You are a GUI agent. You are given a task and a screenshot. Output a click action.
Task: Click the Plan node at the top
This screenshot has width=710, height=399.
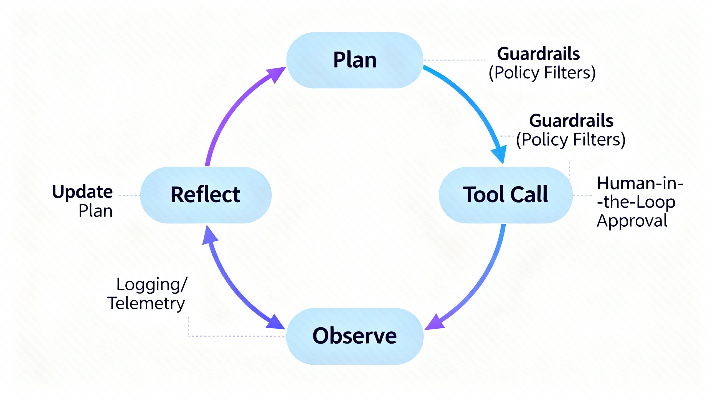pos(354,60)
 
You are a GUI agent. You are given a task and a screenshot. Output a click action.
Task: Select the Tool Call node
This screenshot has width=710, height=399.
pos(505,195)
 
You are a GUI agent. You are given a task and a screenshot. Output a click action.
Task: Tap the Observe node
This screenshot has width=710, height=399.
pos(354,336)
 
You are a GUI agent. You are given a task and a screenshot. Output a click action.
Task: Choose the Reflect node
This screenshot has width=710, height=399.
pos(206,195)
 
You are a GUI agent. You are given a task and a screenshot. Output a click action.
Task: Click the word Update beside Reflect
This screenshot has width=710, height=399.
pos(82,192)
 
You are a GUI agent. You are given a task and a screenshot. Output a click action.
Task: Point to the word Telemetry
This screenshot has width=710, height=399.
pos(146,303)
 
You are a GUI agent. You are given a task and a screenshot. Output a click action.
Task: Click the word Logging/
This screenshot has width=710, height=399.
pos(152,284)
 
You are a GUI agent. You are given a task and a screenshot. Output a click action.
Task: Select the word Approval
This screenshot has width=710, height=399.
pos(632,221)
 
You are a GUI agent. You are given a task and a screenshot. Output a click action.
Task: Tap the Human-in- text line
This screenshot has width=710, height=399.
pos(640,183)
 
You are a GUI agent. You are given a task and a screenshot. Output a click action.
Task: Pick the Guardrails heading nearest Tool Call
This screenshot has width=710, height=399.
pos(571,121)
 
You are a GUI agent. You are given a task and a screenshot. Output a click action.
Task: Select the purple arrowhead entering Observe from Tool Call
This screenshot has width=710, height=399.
pos(434,323)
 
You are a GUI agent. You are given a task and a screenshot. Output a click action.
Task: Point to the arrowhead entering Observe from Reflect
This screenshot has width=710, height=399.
pos(275,323)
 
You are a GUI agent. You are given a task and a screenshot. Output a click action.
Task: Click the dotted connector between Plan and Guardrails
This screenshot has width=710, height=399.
pos(454,60)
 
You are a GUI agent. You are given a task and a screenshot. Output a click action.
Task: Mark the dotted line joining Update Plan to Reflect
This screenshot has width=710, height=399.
pos(129,195)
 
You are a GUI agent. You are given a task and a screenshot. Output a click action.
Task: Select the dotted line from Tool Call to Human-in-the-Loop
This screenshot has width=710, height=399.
pos(582,195)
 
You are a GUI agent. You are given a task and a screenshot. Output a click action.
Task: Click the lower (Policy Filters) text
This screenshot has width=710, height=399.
pos(570,139)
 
